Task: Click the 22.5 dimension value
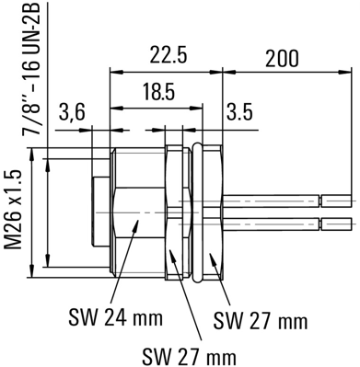click(168, 54)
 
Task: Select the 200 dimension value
click(282, 58)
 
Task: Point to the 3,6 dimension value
click(72, 113)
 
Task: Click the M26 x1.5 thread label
click(13, 209)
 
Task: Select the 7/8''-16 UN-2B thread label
click(31, 69)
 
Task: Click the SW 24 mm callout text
click(115, 318)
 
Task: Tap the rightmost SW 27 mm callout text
click(261, 320)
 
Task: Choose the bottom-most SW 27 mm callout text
click(189, 356)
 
